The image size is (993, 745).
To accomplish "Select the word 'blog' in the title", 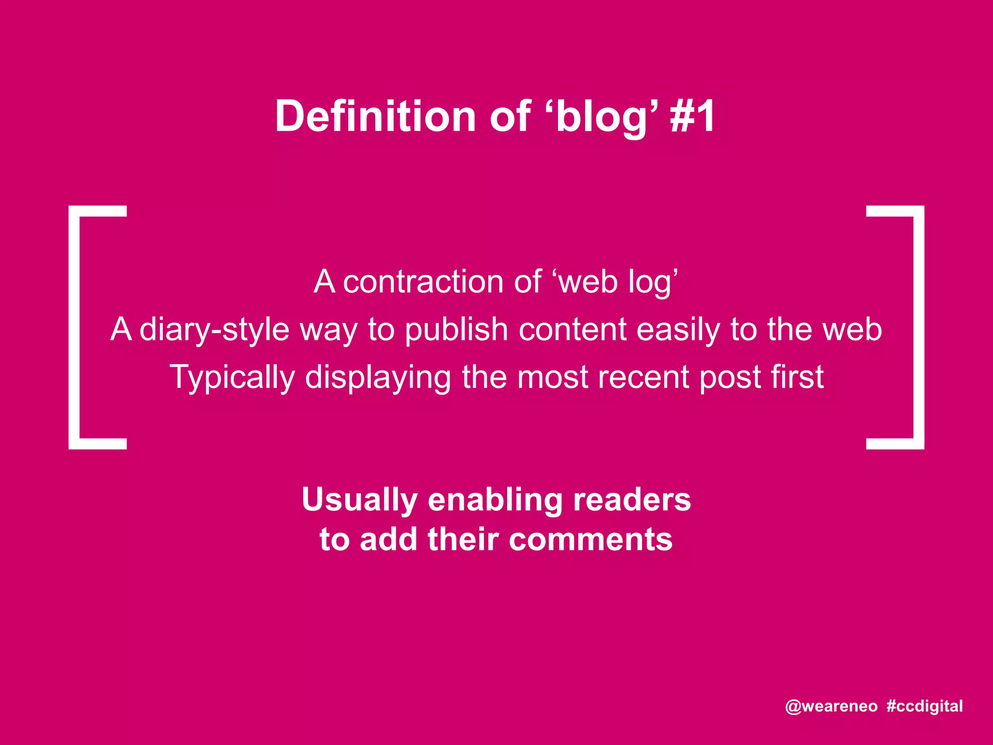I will [601, 116].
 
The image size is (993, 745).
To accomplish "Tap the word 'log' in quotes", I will [650, 283].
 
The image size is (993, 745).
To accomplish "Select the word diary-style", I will [214, 329].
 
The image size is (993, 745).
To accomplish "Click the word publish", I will [456, 329].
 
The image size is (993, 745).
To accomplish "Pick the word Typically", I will [232, 378].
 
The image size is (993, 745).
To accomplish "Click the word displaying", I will [378, 378].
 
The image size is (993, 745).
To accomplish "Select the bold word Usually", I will [359, 500].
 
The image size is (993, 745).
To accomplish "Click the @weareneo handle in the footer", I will [831, 706].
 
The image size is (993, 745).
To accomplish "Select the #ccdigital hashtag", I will [924, 706].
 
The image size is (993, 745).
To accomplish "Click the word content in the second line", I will [573, 329].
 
